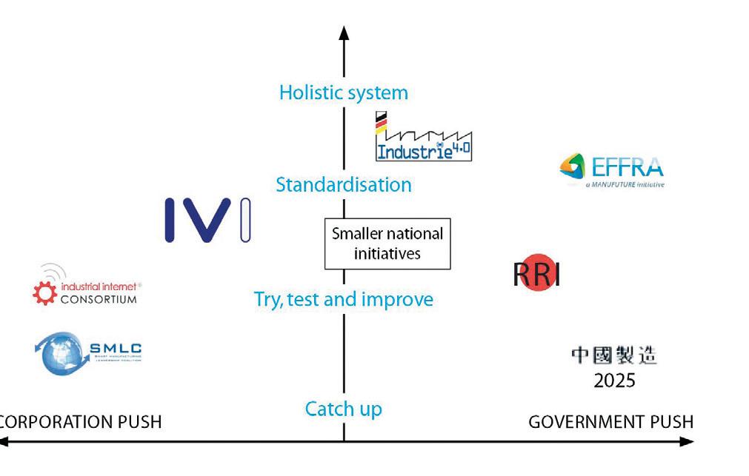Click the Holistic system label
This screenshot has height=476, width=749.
(x=343, y=93)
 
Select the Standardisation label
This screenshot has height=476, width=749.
(x=343, y=184)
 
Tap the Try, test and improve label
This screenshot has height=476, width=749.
(x=343, y=299)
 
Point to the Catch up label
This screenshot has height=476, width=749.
(x=343, y=408)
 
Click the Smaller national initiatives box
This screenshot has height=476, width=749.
(x=387, y=244)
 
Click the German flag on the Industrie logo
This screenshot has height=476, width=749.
(x=381, y=124)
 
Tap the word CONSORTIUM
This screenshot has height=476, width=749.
(x=99, y=299)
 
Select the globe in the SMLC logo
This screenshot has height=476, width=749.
(x=59, y=353)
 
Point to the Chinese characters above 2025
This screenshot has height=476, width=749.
(x=613, y=356)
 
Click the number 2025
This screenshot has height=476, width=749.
(x=614, y=381)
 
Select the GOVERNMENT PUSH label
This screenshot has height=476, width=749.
(x=610, y=422)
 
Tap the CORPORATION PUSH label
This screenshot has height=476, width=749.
(x=80, y=422)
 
